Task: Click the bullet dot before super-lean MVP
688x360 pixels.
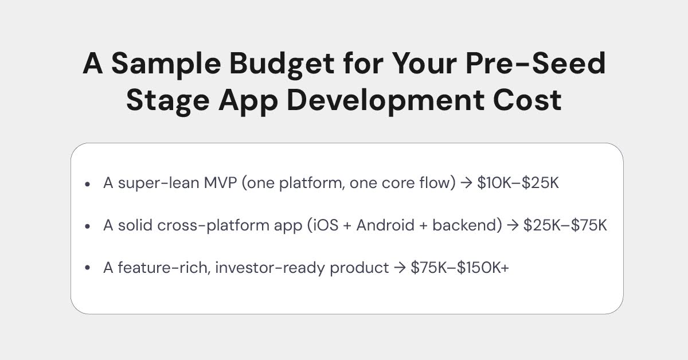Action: pyautogui.click(x=87, y=185)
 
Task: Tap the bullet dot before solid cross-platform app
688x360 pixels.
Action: pyautogui.click(x=87, y=226)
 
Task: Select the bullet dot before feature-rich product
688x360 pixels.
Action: pyautogui.click(x=87, y=268)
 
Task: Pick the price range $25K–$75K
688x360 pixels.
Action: pyautogui.click(x=565, y=225)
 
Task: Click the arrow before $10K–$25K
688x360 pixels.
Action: pyautogui.click(x=466, y=184)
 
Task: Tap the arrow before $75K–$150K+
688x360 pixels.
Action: pyautogui.click(x=400, y=268)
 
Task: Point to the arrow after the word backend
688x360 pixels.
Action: pyautogui.click(x=512, y=226)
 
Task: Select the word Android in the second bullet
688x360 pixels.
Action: pyautogui.click(x=385, y=225)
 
